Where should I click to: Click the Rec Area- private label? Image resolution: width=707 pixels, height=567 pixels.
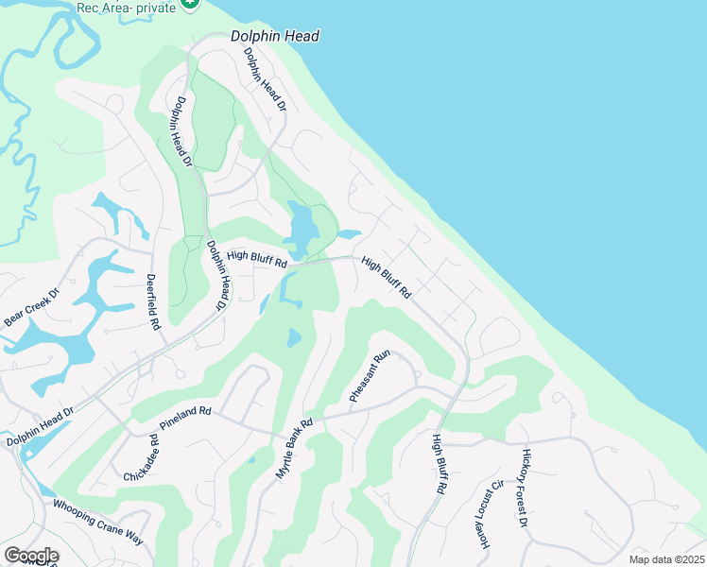127,7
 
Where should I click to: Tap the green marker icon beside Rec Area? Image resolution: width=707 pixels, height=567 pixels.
191,4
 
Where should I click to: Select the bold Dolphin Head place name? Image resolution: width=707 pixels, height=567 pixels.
275,37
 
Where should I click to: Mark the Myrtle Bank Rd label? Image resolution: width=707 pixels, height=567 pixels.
294,449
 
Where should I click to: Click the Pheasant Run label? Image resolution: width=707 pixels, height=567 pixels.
370,377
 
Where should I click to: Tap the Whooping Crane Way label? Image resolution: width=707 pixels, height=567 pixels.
98,521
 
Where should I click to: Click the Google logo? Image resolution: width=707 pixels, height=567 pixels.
30,556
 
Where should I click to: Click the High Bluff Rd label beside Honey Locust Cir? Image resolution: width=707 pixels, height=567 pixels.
438,465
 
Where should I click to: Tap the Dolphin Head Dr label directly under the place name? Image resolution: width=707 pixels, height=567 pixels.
265,79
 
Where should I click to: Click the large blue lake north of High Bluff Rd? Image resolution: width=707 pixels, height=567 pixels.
302,227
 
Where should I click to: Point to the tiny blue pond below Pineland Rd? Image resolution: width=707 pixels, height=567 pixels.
250,460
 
